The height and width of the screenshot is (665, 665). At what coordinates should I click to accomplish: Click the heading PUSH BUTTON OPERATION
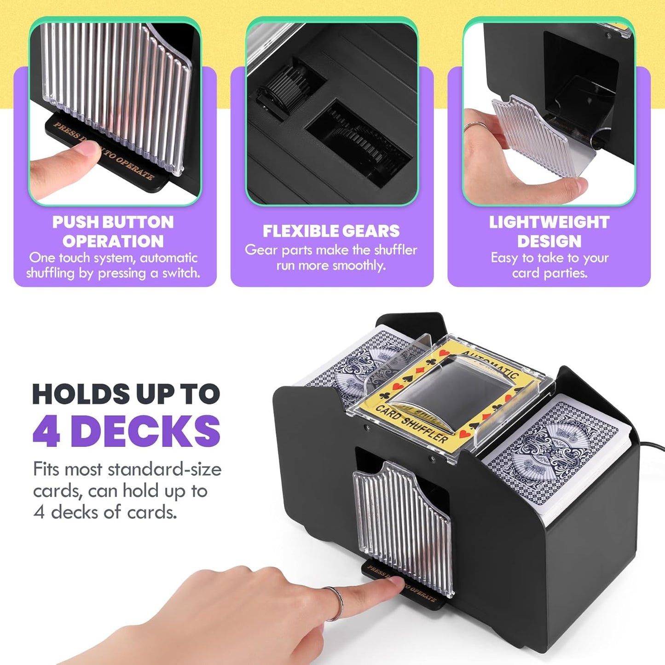(x=113, y=231)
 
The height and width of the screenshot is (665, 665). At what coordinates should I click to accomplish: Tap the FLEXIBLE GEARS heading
(x=331, y=231)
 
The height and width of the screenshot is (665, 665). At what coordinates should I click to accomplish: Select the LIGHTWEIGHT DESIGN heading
(x=549, y=231)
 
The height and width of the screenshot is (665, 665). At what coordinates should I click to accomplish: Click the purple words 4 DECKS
(x=127, y=431)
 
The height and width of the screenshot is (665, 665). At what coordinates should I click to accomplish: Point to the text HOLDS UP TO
(x=126, y=394)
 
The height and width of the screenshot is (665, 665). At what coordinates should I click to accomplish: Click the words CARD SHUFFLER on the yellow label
(x=412, y=422)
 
